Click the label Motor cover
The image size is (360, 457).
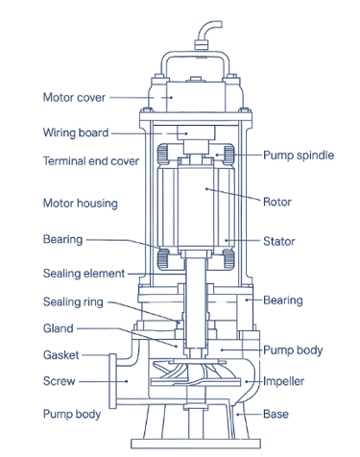(74, 97)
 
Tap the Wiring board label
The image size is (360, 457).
(76, 132)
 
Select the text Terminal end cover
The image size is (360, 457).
(91, 160)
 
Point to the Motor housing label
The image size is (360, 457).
(81, 204)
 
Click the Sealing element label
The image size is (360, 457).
(84, 274)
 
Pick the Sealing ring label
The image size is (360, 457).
(73, 302)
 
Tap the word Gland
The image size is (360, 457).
(59, 328)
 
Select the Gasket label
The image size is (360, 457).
(61, 355)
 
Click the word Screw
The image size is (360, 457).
(60, 381)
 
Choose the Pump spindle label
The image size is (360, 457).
(299, 156)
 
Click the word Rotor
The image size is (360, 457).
(277, 202)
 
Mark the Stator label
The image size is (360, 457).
(278, 241)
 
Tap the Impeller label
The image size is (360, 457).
(283, 381)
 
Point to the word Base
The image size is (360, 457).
(276, 414)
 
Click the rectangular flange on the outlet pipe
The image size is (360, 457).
(112, 381)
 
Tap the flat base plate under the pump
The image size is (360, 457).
(196, 444)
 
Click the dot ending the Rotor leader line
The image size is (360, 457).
(206, 189)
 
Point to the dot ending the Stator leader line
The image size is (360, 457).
(227, 240)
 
